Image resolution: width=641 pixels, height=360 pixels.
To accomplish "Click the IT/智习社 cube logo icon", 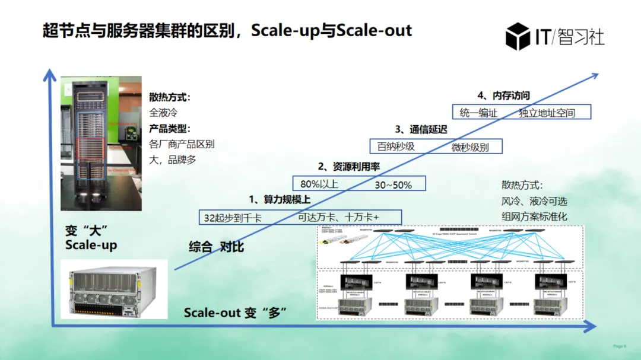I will (518, 36).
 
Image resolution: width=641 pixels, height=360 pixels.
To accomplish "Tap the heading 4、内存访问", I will (503, 95).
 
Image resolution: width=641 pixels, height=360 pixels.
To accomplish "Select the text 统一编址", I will (478, 113).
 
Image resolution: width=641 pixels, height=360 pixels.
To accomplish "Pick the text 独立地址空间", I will (547, 113).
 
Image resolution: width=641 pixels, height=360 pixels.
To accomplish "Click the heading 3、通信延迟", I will (421, 129).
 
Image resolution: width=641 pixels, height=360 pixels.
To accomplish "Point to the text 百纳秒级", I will (396, 146).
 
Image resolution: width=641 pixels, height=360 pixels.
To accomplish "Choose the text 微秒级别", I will (470, 147).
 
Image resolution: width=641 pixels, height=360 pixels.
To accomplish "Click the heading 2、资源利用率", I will (349, 167).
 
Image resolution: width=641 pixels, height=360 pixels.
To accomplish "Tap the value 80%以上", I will (319, 184).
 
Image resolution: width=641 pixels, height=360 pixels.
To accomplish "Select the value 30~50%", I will (393, 185).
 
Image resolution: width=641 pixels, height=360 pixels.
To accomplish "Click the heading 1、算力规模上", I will (280, 199).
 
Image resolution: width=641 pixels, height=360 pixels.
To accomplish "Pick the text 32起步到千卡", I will (233, 218).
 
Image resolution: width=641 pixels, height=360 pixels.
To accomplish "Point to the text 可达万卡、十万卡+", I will (338, 217).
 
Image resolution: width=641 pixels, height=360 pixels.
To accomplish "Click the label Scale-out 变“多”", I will (236, 313).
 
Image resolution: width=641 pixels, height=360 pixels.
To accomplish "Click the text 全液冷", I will (163, 112).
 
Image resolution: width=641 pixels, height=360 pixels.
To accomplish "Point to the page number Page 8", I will (619, 346).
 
